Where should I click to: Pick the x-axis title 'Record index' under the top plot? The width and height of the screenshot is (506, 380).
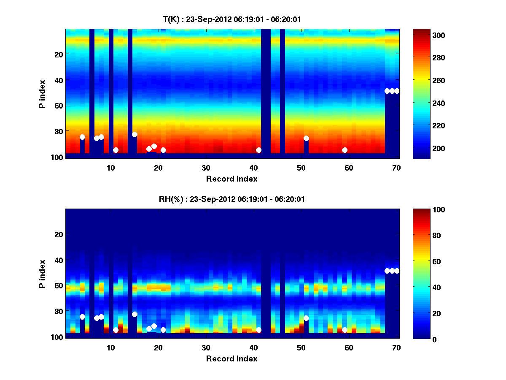coord(231,179)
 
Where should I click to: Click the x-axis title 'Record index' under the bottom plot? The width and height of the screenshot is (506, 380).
coord(231,358)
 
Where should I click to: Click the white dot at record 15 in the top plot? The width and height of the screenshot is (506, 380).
coord(135,134)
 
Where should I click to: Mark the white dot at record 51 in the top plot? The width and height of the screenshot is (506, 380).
coord(306,138)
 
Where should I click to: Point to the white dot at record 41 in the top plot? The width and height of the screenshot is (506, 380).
coord(258,150)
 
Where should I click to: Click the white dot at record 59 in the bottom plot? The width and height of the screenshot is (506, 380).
coord(345,330)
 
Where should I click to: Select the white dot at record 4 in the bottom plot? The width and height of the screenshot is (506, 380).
coord(82,317)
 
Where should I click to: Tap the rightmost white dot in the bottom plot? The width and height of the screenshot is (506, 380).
coord(397,271)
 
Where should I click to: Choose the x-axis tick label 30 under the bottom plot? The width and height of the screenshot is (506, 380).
coord(206,347)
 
